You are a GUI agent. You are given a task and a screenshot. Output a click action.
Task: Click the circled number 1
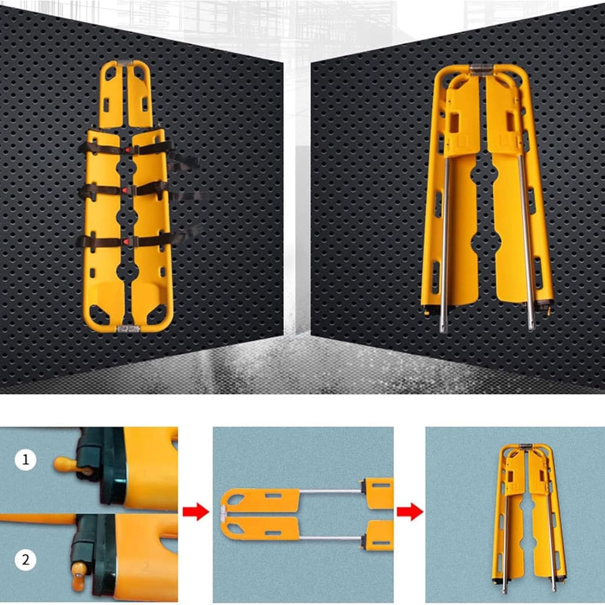click(x=26, y=460)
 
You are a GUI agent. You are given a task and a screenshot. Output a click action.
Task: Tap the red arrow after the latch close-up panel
click(x=195, y=512)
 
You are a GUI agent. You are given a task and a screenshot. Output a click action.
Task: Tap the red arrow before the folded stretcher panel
click(x=410, y=512)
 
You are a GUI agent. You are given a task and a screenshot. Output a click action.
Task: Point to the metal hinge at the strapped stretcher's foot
click(x=129, y=328)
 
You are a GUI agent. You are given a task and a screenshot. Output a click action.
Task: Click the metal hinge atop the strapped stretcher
click(x=126, y=64)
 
